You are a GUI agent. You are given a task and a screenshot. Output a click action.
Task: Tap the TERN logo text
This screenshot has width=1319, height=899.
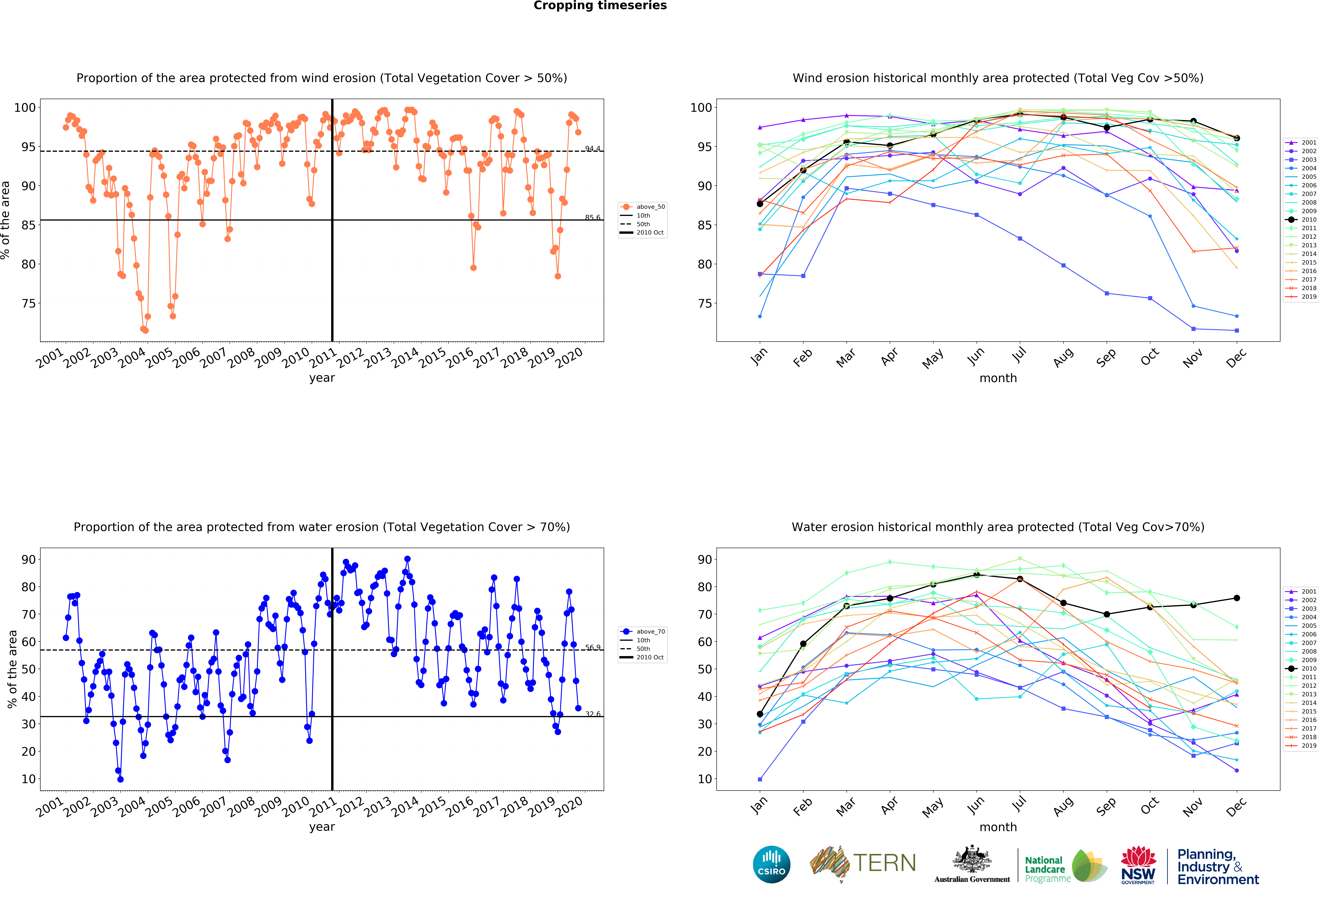(x=884, y=863)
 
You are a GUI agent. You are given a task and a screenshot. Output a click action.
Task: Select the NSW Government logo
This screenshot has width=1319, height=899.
(x=1138, y=865)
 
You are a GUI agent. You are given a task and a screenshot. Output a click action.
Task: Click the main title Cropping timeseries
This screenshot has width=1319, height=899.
(x=600, y=6)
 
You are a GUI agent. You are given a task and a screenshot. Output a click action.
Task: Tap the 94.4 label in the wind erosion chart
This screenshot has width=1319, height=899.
(x=593, y=149)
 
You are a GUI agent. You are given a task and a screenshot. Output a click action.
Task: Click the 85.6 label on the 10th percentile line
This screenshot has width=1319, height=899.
(x=593, y=217)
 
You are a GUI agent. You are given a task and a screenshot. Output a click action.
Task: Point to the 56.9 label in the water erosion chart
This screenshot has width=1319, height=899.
(x=593, y=648)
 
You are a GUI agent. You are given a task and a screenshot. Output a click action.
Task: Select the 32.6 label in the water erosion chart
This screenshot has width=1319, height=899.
(x=593, y=714)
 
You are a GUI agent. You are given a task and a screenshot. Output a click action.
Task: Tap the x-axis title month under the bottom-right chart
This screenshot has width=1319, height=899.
(x=998, y=827)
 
